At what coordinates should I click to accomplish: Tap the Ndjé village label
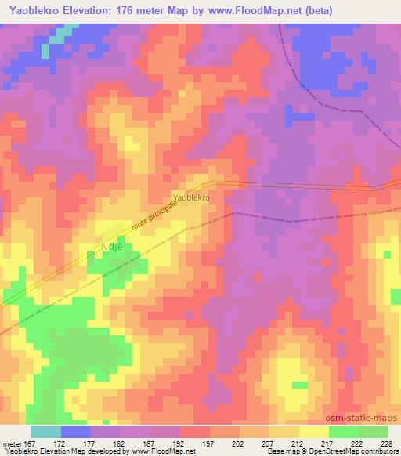tap(109, 244)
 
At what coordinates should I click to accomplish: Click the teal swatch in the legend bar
tap(46, 432)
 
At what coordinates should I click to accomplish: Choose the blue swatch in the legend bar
tap(76, 432)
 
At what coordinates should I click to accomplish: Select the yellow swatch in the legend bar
tap(314, 432)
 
